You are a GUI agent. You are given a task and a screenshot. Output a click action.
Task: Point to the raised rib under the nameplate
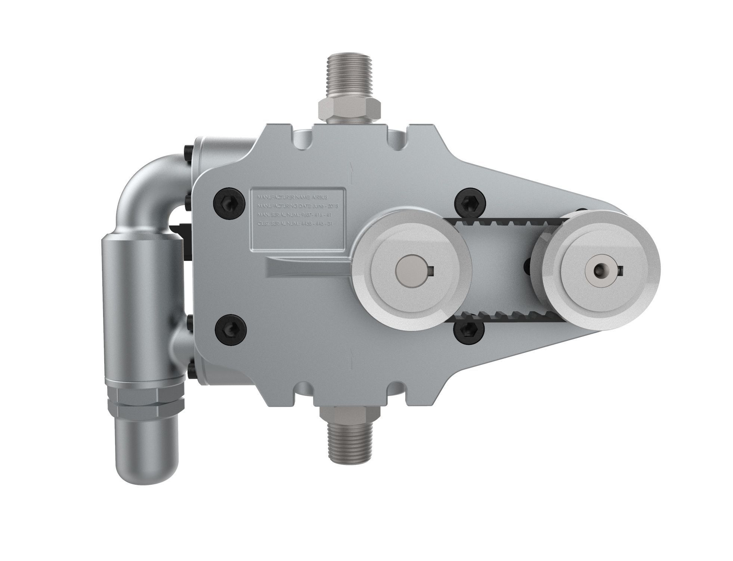click(x=306, y=267)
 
